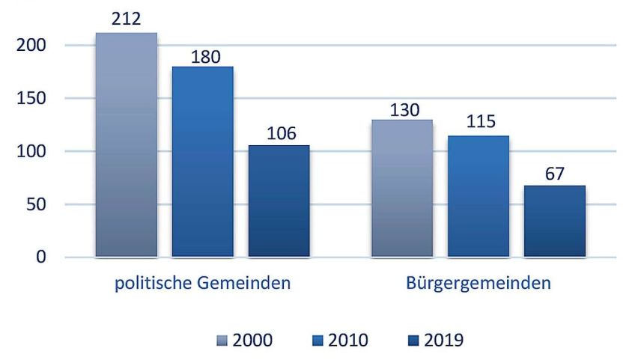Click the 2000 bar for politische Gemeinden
tap(127, 145)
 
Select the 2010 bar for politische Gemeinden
tap(202, 162)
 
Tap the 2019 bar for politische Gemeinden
tap(279, 201)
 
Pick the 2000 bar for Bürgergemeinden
tap(401, 189)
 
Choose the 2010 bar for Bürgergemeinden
tap(478, 196)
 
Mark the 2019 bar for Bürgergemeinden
tap(554, 222)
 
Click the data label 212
tap(127, 17)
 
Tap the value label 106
tap(279, 133)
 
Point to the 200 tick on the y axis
tap(32, 46)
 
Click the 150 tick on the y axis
tap(32, 99)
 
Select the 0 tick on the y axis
tap(42, 257)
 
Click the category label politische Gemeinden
tap(202, 284)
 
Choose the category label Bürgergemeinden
tap(479, 284)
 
